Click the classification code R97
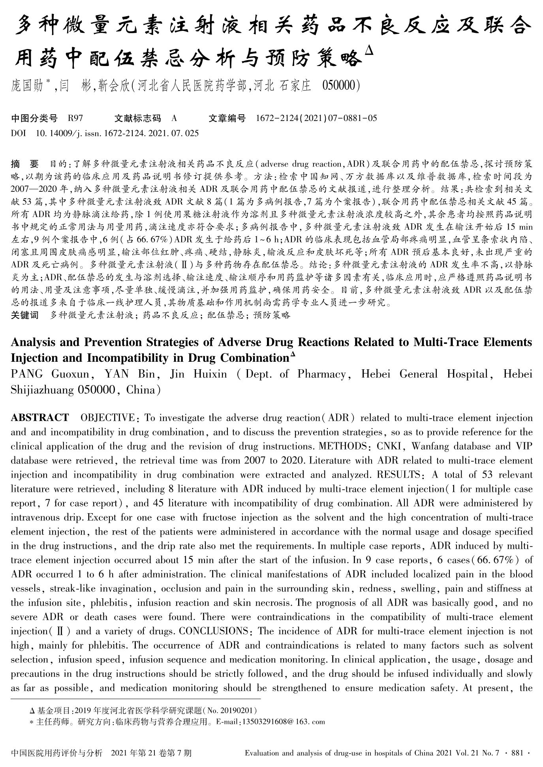[75, 118]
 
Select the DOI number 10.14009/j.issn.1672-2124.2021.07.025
[117, 133]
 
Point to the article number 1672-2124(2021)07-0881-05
[316, 118]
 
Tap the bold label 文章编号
[227, 118]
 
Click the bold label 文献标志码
[137, 118]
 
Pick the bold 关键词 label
[24, 315]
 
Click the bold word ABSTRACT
[39, 418]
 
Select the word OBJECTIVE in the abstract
[107, 418]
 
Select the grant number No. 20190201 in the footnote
[232, 710]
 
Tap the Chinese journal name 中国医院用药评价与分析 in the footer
[57, 753]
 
